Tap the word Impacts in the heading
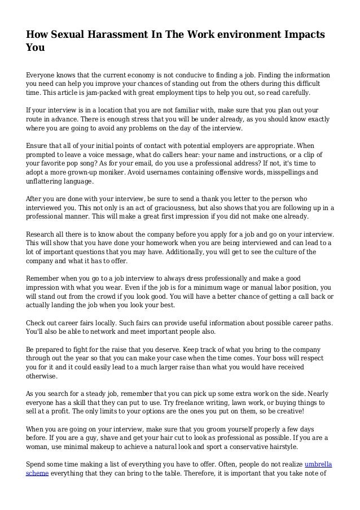click(300, 34)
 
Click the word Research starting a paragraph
click(43, 234)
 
